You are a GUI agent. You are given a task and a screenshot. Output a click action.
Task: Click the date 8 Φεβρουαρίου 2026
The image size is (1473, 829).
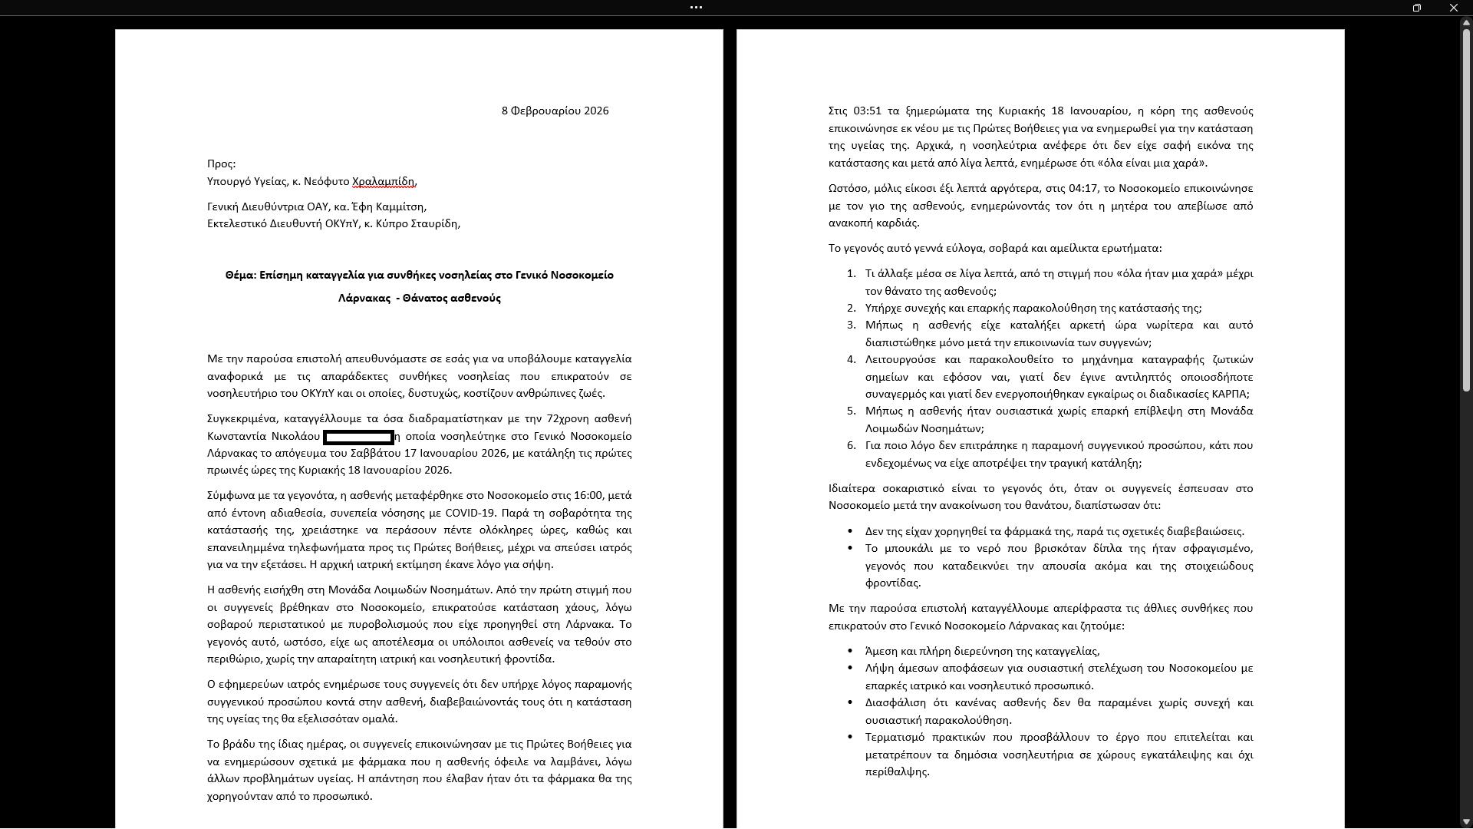tap(555, 111)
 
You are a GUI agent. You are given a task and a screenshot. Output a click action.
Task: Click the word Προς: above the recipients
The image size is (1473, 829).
tap(221, 163)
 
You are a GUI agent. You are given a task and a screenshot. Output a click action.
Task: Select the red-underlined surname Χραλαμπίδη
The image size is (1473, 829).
tap(384, 181)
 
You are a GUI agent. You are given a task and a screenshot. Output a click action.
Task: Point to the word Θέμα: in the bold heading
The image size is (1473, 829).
tap(240, 275)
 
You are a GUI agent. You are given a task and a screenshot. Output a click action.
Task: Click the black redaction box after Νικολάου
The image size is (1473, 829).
tap(358, 437)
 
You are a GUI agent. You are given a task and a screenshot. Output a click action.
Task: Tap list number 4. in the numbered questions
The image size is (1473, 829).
tap(851, 359)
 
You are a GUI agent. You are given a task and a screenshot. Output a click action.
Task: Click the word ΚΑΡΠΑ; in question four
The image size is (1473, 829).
tap(1231, 394)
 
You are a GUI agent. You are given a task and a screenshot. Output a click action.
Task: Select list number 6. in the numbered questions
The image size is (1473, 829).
tap(851, 445)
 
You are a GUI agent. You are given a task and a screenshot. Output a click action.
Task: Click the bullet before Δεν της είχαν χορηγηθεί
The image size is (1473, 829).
tap(850, 531)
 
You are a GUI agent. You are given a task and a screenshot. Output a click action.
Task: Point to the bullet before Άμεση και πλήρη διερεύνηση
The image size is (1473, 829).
tap(850, 651)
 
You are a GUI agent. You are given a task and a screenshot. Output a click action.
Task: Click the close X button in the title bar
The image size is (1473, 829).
tap(1453, 8)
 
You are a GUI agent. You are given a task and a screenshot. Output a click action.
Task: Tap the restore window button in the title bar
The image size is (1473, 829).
tap(1416, 8)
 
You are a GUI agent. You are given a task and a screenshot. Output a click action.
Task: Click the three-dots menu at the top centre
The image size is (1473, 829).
tap(696, 8)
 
